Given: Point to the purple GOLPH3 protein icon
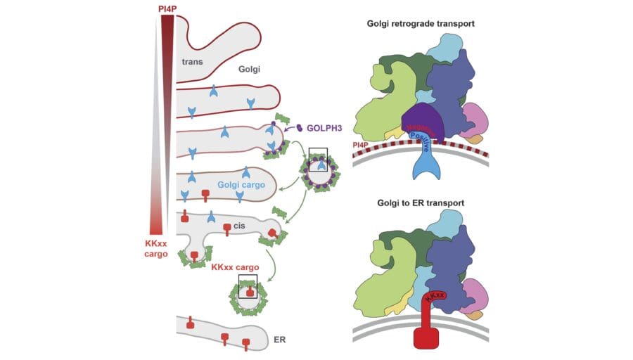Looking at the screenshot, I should click(300, 128).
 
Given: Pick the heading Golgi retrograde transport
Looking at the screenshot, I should click(421, 23).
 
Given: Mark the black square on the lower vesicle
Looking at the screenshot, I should click(248, 286).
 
